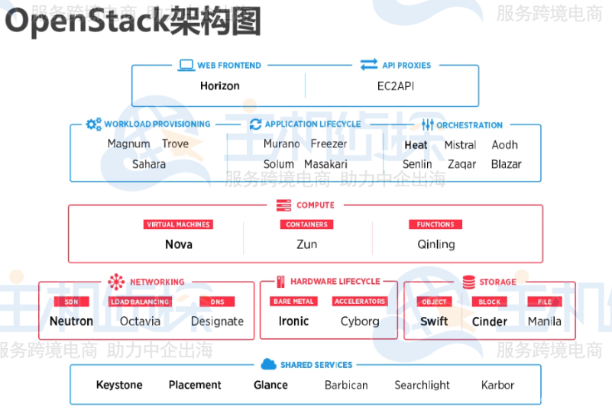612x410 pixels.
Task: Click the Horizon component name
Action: pyautogui.click(x=219, y=86)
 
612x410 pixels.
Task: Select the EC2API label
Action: pyautogui.click(x=395, y=86)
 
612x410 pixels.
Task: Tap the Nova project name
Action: pyautogui.click(x=178, y=244)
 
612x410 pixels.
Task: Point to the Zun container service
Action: pyautogui.click(x=306, y=244)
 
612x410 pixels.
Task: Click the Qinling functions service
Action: pyautogui.click(x=436, y=244)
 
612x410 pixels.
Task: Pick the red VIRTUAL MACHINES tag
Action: pyautogui.click(x=178, y=224)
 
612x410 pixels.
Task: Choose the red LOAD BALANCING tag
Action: pyautogui.click(x=140, y=302)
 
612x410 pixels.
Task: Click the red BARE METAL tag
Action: pyautogui.click(x=293, y=302)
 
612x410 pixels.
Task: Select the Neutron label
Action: pyautogui.click(x=71, y=321)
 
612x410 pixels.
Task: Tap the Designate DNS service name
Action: pyautogui.click(x=217, y=321)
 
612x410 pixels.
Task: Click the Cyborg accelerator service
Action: pyautogui.click(x=360, y=321)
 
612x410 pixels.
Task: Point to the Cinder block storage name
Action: pyautogui.click(x=489, y=321)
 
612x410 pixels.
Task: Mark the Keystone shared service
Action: pyautogui.click(x=119, y=385)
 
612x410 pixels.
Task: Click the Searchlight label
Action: pyautogui.click(x=422, y=385)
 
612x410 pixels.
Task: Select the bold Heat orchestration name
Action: pyautogui.click(x=416, y=144)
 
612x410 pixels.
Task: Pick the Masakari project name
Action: pyautogui.click(x=325, y=164)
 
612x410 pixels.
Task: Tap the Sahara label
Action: pyautogui.click(x=148, y=164)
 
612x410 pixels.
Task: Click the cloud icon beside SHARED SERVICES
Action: pyautogui.click(x=267, y=364)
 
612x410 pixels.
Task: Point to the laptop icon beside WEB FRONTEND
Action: pyautogui.click(x=186, y=66)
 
